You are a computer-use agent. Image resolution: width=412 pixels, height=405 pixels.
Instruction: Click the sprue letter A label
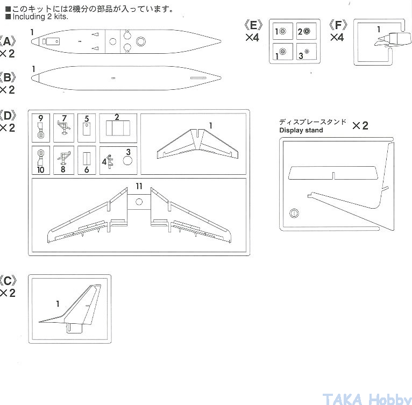pos(8,42)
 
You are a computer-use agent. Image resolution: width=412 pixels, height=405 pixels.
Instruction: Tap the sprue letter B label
pos(8,78)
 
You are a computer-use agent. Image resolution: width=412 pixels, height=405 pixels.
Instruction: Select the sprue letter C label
pos(8,281)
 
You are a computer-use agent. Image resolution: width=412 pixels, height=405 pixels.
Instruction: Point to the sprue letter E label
pos(253,25)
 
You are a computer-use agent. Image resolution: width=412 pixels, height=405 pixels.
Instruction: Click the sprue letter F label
pos(338,25)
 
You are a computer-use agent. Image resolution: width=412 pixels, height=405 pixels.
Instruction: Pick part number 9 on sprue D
pos(40,118)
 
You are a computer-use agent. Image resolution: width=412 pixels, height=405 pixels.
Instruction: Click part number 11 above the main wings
pos(139,186)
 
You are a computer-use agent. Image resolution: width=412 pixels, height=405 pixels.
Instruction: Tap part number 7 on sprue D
pos(65,118)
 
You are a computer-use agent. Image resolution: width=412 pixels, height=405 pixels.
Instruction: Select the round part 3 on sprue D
pos(127,160)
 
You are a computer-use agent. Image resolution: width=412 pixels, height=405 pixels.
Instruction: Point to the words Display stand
pos(301,130)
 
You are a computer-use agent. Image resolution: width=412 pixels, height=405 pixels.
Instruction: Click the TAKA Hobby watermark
pos(367,399)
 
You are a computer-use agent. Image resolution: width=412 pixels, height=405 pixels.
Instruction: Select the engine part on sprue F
pos(393,39)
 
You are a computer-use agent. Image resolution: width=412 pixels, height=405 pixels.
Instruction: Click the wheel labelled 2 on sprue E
pos(307,31)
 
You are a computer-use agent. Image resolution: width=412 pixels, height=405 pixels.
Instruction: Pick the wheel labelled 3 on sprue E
pos(307,52)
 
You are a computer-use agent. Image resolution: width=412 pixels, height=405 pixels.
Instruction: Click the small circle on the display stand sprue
pos(294,213)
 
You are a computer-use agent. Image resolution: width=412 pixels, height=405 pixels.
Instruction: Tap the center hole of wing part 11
pos(139,202)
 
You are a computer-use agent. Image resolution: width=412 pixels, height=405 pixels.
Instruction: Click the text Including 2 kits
pos(40,17)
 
